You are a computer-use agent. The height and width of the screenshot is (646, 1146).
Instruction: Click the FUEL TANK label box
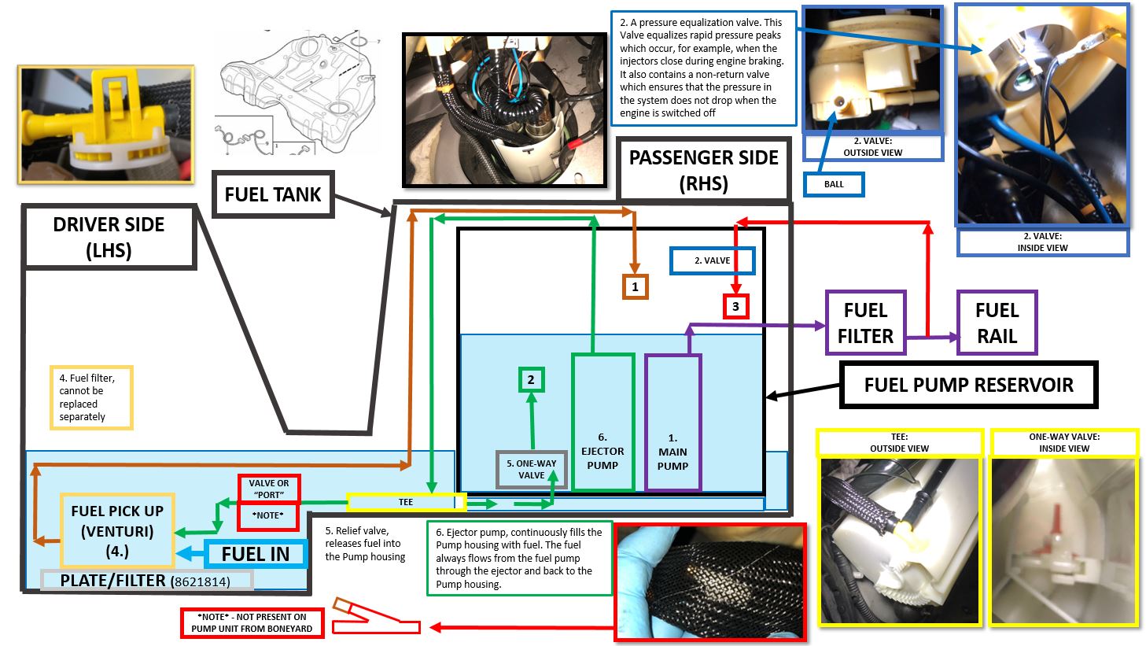click(x=273, y=194)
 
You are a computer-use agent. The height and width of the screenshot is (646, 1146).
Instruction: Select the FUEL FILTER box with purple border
click(x=865, y=323)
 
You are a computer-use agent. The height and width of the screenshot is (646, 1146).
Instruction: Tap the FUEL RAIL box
click(x=997, y=323)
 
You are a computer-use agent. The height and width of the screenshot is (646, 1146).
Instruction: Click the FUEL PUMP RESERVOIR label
click(x=968, y=385)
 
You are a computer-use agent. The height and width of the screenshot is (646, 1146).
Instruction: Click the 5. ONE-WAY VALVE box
click(x=531, y=470)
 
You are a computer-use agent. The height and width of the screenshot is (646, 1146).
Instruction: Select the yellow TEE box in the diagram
click(x=406, y=502)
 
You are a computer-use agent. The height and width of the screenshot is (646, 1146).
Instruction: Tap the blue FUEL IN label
click(x=255, y=554)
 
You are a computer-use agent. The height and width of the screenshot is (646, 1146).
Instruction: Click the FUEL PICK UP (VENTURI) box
click(x=117, y=530)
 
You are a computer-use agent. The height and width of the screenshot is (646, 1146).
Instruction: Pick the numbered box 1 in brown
click(x=636, y=287)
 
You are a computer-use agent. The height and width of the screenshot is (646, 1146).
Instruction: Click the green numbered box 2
click(x=531, y=380)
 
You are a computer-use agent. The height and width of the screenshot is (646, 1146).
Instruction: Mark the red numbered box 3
click(x=735, y=307)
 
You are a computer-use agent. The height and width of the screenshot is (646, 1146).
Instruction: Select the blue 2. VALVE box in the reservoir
click(x=712, y=260)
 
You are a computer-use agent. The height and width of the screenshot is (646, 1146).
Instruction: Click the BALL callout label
click(x=833, y=185)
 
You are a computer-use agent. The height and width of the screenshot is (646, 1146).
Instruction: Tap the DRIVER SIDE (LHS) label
click(x=109, y=237)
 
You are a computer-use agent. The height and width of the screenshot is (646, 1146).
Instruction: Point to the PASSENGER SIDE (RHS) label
click(x=703, y=170)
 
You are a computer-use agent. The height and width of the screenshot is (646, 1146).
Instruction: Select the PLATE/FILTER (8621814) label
click(x=146, y=581)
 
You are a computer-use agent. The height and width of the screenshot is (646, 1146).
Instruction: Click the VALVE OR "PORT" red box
click(x=268, y=489)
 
